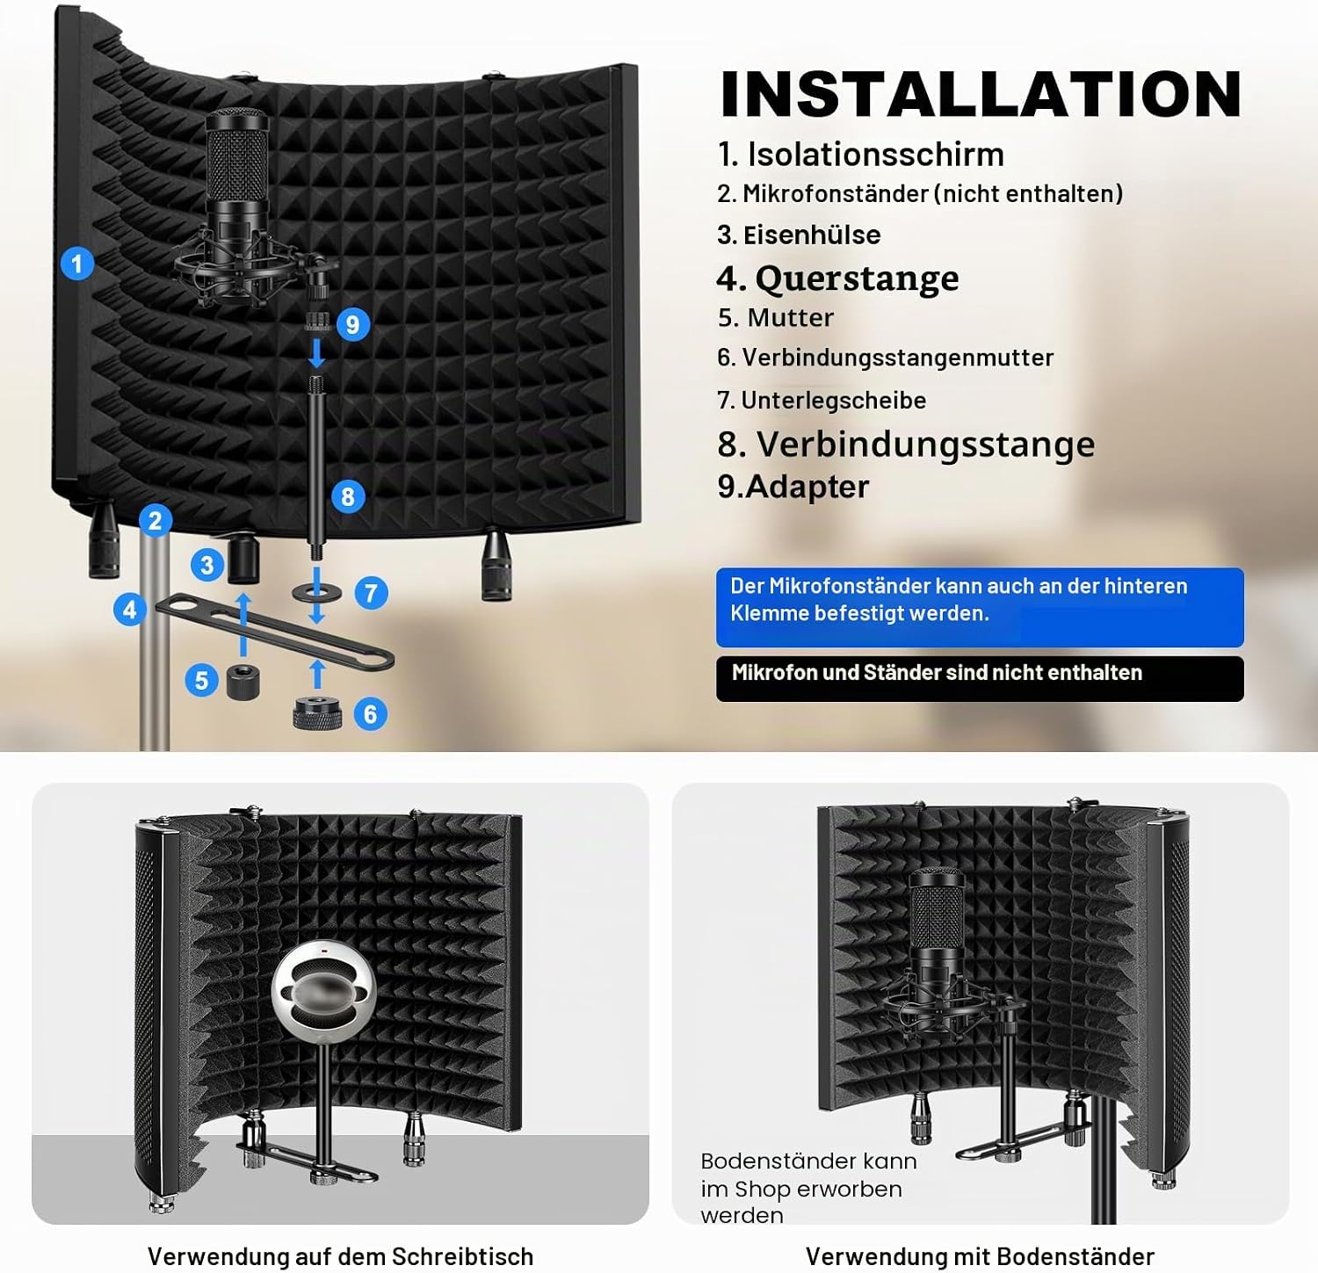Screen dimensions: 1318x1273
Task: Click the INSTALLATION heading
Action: (x=981, y=94)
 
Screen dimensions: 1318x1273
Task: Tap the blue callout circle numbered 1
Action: (x=77, y=264)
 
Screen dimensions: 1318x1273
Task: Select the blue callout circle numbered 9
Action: (x=352, y=324)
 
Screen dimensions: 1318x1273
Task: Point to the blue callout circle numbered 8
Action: (x=348, y=496)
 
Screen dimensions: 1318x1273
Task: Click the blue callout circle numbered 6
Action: (x=370, y=713)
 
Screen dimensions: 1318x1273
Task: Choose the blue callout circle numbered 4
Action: (x=130, y=609)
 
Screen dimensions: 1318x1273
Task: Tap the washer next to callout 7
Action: (x=317, y=592)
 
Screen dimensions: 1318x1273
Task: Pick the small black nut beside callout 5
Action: (x=243, y=682)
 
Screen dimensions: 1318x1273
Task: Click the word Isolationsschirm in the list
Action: (x=875, y=155)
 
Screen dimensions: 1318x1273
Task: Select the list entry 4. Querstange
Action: (x=837, y=278)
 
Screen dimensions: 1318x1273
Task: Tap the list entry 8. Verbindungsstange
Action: (x=906, y=445)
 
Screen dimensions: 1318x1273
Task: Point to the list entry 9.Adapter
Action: (x=793, y=487)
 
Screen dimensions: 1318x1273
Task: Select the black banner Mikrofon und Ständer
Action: (x=980, y=678)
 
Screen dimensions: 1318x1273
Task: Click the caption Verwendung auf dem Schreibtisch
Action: (x=340, y=1256)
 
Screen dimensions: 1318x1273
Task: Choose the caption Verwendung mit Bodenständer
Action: (x=980, y=1256)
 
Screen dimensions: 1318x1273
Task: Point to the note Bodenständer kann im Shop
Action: (x=808, y=1189)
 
